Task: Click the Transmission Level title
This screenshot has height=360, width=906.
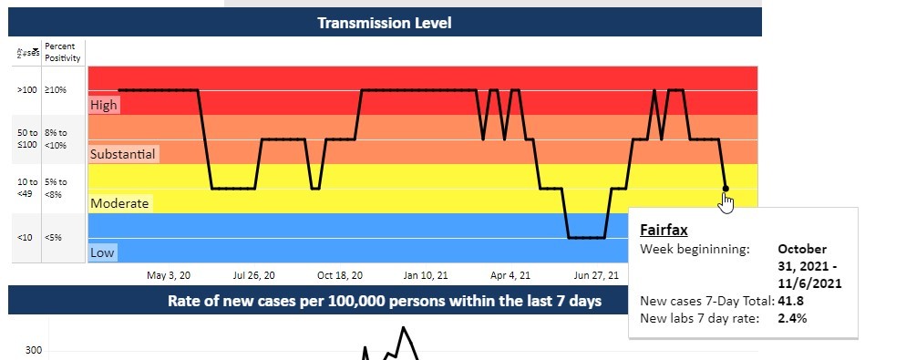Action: (x=384, y=23)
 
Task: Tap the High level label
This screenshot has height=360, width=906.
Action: (x=104, y=106)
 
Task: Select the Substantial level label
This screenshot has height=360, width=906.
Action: (x=123, y=155)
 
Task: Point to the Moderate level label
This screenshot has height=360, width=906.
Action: (x=119, y=204)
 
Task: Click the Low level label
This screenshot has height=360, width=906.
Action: (x=103, y=252)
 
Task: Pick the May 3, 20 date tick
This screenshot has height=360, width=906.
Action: (x=169, y=274)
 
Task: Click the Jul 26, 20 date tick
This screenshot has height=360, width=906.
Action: (x=253, y=274)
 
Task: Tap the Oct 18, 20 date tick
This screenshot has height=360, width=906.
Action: (x=340, y=274)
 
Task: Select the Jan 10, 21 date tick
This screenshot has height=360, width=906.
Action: (x=426, y=274)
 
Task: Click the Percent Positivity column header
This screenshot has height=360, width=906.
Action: (x=63, y=52)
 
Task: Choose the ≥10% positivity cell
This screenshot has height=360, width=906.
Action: (x=57, y=90)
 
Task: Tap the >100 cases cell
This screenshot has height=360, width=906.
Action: (x=26, y=90)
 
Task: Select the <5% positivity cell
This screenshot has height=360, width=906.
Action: (x=53, y=238)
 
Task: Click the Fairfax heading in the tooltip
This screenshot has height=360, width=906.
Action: (x=664, y=231)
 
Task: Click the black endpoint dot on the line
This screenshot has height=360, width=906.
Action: (x=726, y=190)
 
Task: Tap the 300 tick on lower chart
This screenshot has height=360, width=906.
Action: (x=33, y=351)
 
